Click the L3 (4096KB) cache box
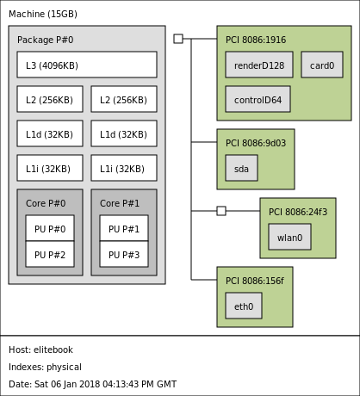[87, 65]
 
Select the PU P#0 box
[50, 228]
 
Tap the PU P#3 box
[124, 254]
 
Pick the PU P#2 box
[50, 254]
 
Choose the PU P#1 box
[124, 228]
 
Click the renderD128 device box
[259, 65]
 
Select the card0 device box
[322, 65]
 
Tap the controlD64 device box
[258, 99]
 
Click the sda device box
[241, 168]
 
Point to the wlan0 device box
[289, 237]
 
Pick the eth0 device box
[244, 306]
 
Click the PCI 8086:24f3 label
[298, 212]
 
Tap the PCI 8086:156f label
[255, 281]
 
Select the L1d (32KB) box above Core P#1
[124, 133]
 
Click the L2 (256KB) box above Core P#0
[50, 99]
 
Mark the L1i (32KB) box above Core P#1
[124, 168]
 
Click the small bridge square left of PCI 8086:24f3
[221, 211]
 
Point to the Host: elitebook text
[40, 350]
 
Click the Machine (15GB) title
[43, 14]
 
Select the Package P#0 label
[46, 40]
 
